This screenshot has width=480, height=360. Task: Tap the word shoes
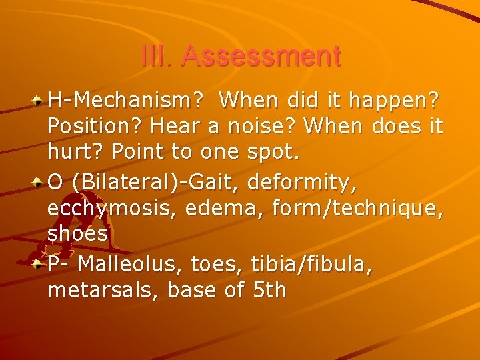[x=78, y=233]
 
